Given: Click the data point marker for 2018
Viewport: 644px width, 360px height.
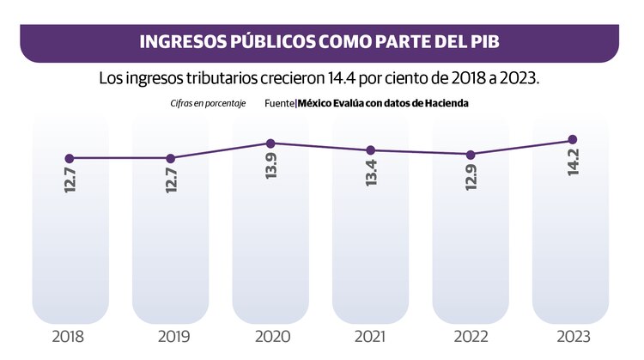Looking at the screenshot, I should pos(70,158).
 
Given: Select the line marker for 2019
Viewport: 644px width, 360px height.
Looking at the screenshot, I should pos(170,158).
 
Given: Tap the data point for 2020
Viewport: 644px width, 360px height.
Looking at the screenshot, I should pos(270,143).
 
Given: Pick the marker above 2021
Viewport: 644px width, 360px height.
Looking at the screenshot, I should pos(370,150).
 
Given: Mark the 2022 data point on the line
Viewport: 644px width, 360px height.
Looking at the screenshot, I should pos(471,155).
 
